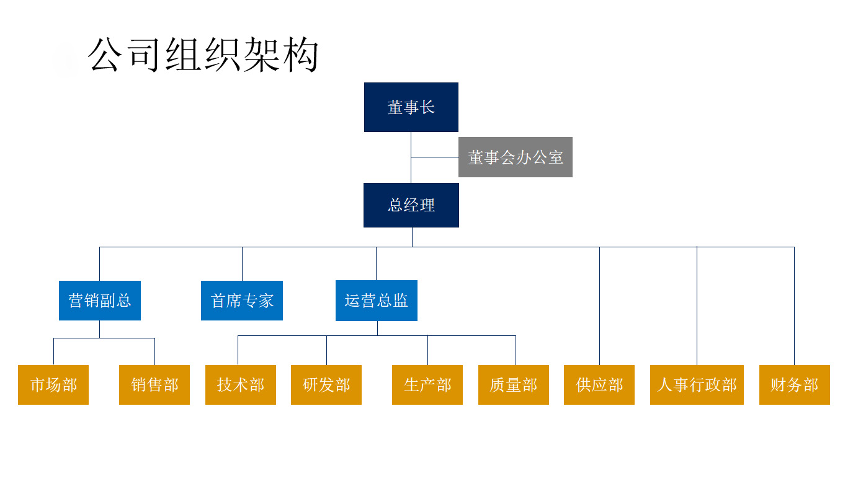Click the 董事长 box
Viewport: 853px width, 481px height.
pyautogui.click(x=411, y=107)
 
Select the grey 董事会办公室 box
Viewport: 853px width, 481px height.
pyautogui.click(x=516, y=157)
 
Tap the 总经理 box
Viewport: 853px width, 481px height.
pyautogui.click(x=411, y=205)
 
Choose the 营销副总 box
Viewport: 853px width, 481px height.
pyautogui.click(x=100, y=301)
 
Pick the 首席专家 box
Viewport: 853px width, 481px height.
pyautogui.click(x=242, y=301)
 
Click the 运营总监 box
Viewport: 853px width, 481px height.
pyautogui.click(x=376, y=301)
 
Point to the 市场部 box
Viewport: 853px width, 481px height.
pyautogui.click(x=53, y=385)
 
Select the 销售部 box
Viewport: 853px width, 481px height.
pyautogui.click(x=154, y=385)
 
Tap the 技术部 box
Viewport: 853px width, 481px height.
pyautogui.click(x=241, y=385)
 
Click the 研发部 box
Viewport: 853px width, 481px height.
pyautogui.click(x=326, y=385)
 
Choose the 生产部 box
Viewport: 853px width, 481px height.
pyautogui.click(x=427, y=385)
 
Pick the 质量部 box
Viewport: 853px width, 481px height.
pyautogui.click(x=513, y=385)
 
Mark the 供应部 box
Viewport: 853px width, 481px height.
pyautogui.click(x=599, y=385)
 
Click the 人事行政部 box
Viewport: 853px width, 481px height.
pyautogui.click(x=697, y=385)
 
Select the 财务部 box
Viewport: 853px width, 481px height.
pyautogui.click(x=794, y=385)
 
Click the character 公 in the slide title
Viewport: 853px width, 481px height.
pyautogui.click(x=104, y=54)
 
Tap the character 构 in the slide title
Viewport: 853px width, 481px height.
pyautogui.click(x=301, y=54)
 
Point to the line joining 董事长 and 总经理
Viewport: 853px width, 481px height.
pyautogui.click(x=411, y=157)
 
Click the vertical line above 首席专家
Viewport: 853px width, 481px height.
pyautogui.click(x=242, y=264)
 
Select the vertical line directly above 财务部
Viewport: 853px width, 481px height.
pyautogui.click(x=794, y=306)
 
